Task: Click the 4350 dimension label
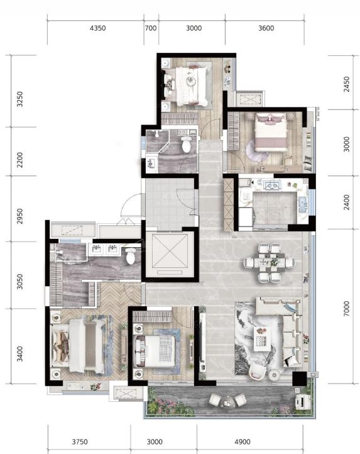click(x=98, y=28)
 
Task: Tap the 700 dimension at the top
click(x=151, y=28)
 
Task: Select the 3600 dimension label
click(x=266, y=28)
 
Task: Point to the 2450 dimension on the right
click(x=346, y=84)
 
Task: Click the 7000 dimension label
click(x=346, y=309)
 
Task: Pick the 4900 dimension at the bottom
click(x=243, y=442)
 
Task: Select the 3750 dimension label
click(x=80, y=442)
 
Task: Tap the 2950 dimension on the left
click(x=19, y=216)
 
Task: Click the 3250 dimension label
click(x=19, y=99)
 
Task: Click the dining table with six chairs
click(x=269, y=263)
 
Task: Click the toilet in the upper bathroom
click(x=186, y=144)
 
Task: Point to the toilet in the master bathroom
click(x=131, y=256)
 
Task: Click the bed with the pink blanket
click(x=271, y=132)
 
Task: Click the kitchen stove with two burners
click(x=273, y=185)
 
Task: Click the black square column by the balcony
click(x=299, y=379)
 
